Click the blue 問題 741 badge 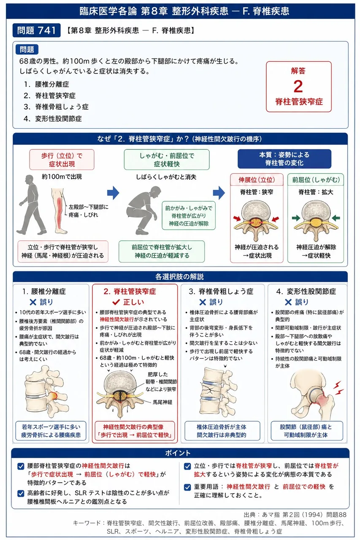click(x=36, y=30)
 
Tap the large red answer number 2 click(x=298, y=86)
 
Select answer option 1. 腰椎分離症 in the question click(x=46, y=84)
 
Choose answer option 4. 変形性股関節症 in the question click(x=53, y=119)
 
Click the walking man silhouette click(x=31, y=205)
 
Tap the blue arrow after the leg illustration click(x=113, y=193)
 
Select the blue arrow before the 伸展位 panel click(x=219, y=193)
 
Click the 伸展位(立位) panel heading click(x=257, y=180)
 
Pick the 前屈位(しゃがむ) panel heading click(x=316, y=180)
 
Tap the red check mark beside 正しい click(x=116, y=302)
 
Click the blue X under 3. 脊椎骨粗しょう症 click(x=203, y=302)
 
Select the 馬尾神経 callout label click(x=162, y=402)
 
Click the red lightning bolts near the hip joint click(x=338, y=388)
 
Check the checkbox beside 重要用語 click(x=187, y=487)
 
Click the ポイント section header click(x=180, y=453)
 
